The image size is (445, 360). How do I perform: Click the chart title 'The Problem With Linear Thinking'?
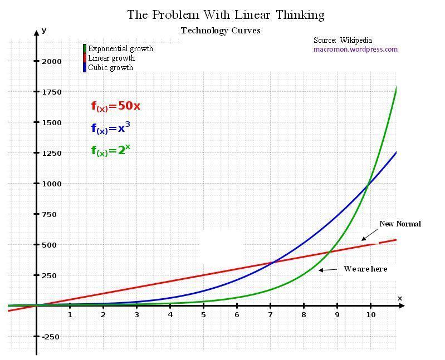click(226, 14)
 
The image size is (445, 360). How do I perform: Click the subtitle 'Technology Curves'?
click(221, 31)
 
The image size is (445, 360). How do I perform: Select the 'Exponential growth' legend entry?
click(120, 49)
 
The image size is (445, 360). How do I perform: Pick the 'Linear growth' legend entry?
click(111, 58)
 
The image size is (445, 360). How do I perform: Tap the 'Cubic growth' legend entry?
click(110, 68)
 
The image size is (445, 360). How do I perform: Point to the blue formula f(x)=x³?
click(111, 129)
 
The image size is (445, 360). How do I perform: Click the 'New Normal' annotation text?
click(400, 224)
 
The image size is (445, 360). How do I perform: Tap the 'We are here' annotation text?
click(365, 269)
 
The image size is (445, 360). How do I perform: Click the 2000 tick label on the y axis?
click(51, 61)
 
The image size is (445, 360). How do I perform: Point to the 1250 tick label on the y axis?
click(51, 153)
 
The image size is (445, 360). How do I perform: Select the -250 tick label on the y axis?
click(50, 337)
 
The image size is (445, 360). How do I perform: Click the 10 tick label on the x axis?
click(370, 315)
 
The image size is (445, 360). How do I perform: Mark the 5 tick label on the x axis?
click(203, 315)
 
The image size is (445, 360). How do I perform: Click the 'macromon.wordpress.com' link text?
click(355, 50)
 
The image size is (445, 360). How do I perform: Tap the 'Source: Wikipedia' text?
click(343, 41)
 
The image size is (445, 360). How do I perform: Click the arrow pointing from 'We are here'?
click(328, 270)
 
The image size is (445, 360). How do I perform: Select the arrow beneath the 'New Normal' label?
click(369, 235)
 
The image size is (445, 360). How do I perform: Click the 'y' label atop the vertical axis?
click(44, 31)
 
